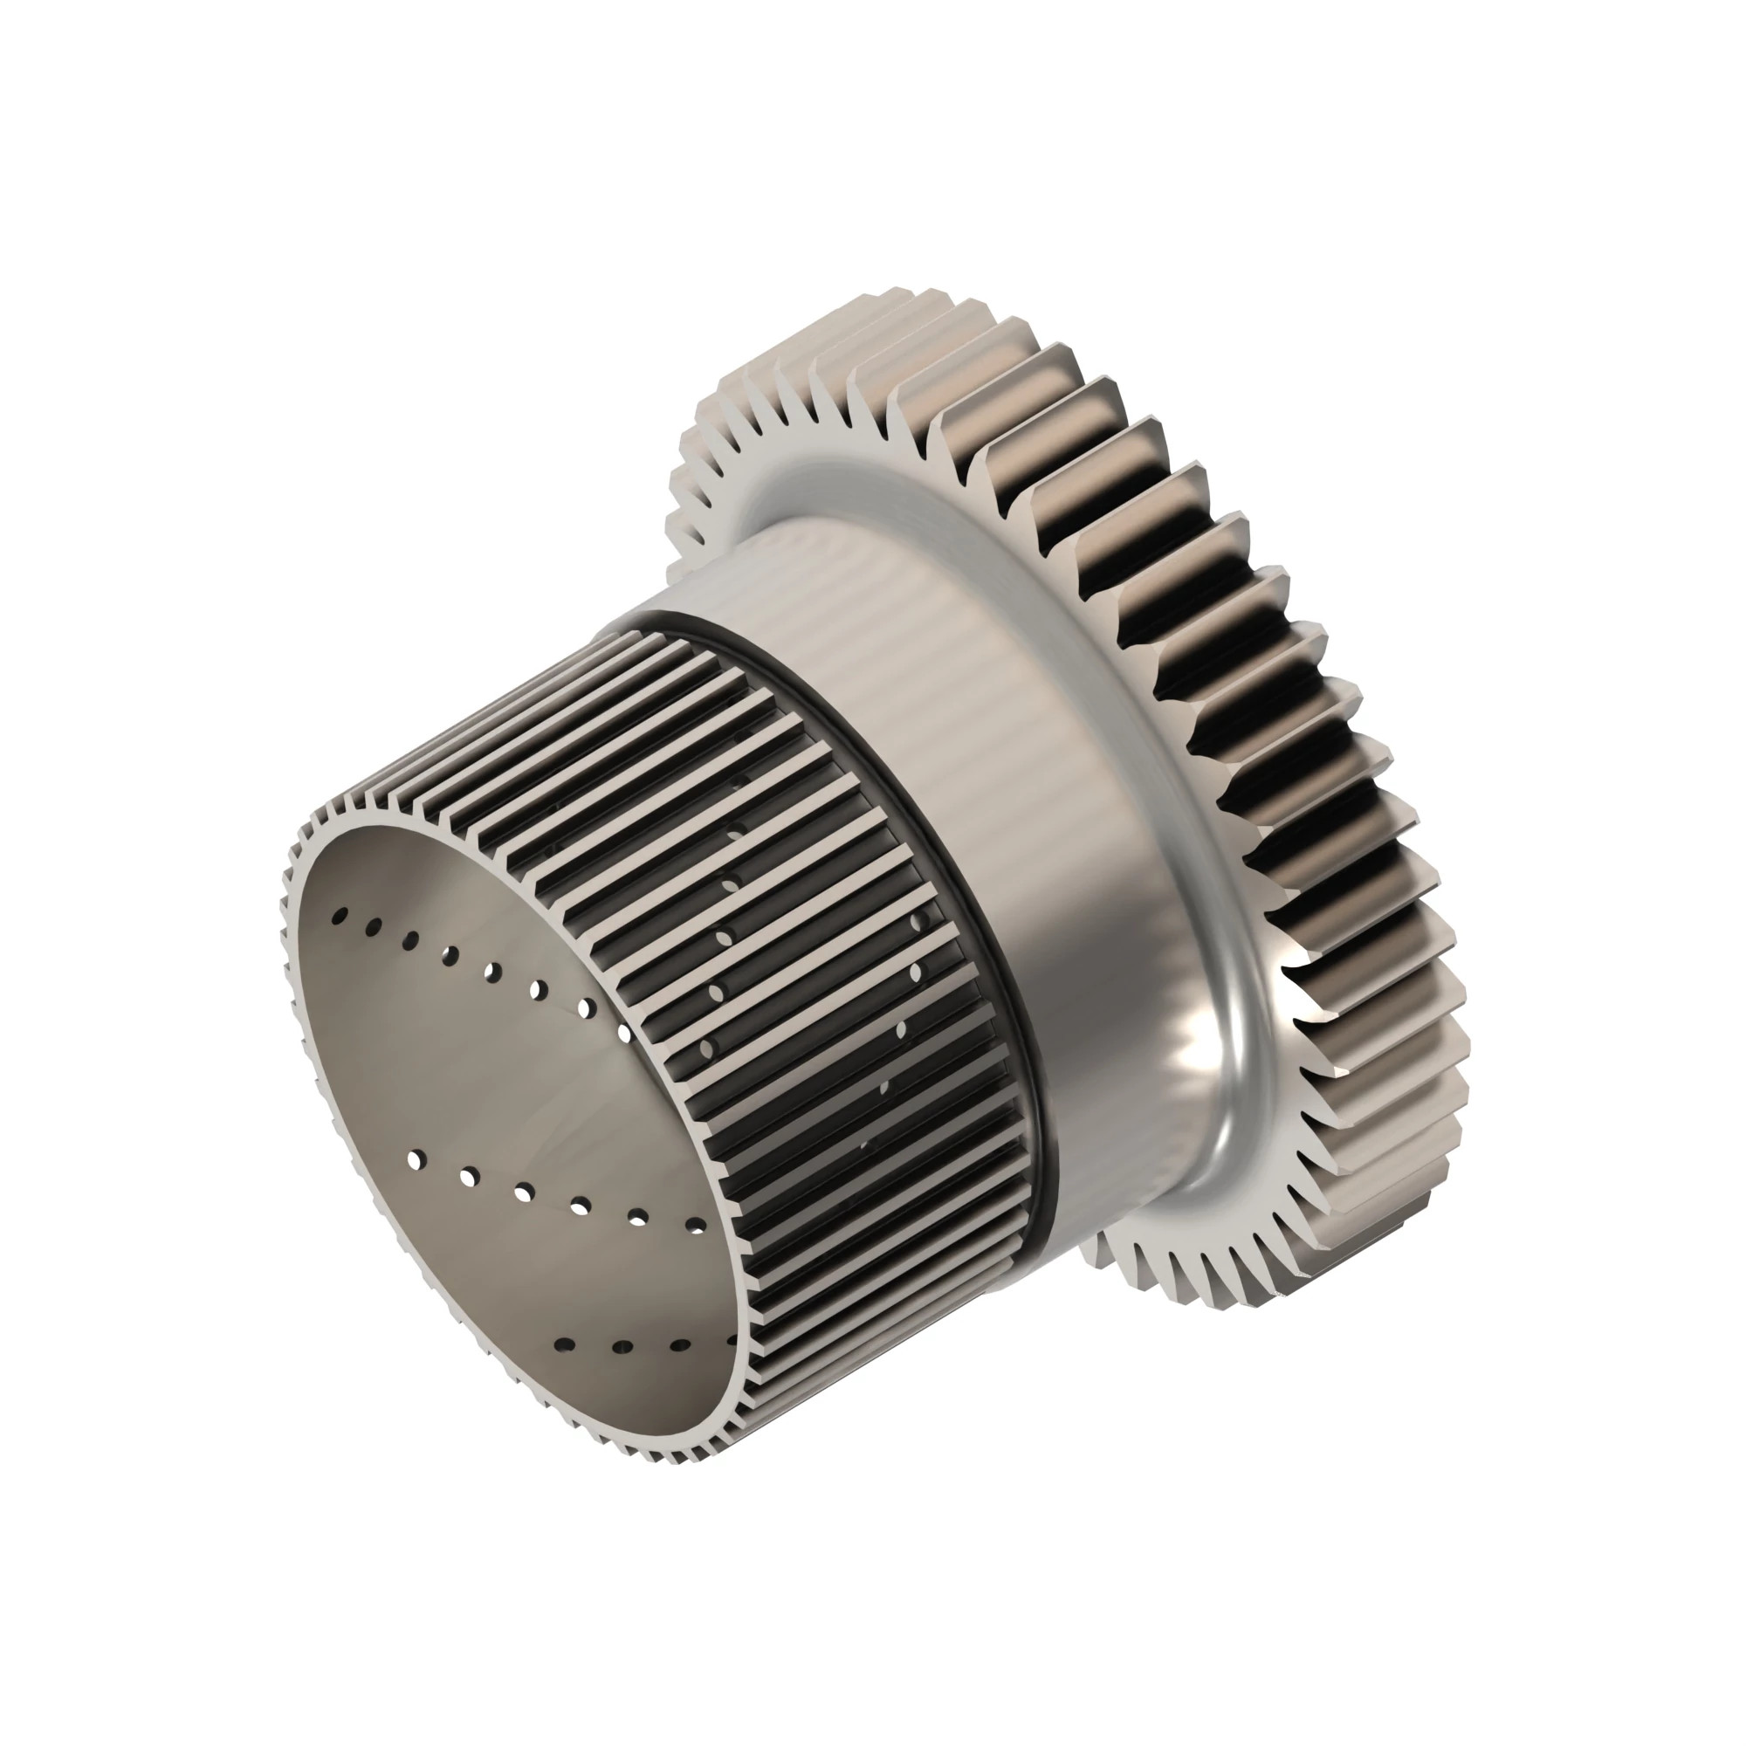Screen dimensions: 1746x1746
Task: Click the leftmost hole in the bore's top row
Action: point(339,918)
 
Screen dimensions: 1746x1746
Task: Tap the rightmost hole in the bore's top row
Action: point(623,1030)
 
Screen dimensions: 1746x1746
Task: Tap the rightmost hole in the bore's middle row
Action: point(697,1227)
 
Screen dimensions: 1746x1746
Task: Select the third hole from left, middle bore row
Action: point(524,1193)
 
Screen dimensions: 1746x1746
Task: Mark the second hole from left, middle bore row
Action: point(469,1177)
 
